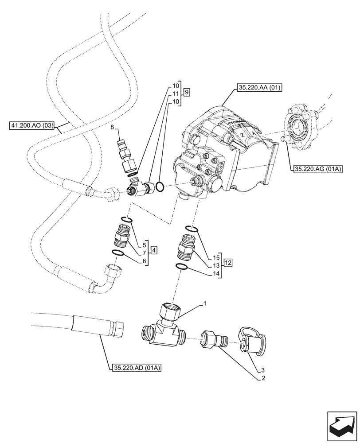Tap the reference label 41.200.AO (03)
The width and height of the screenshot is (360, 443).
(31, 126)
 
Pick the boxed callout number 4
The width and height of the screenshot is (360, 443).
(153, 251)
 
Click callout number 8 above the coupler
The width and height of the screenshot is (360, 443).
(113, 127)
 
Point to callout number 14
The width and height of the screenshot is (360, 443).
(216, 275)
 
